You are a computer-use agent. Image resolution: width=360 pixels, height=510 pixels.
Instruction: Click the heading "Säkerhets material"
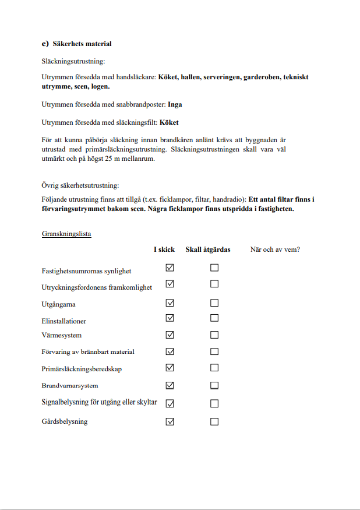(82, 44)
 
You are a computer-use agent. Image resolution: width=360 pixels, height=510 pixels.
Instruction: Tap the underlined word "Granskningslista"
(66, 234)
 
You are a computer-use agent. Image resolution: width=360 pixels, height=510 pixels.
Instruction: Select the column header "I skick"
(164, 249)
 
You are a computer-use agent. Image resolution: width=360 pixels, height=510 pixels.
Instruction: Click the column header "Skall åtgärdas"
(208, 249)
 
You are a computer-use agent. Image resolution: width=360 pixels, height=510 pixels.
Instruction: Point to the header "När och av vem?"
(275, 249)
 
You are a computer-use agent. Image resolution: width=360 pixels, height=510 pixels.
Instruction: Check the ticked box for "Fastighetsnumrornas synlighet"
(170, 268)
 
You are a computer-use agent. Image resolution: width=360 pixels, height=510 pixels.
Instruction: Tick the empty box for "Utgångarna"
(214, 303)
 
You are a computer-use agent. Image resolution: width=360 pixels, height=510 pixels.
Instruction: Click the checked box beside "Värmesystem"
(170, 335)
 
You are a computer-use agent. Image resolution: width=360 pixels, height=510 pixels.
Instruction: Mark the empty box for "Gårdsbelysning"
(214, 421)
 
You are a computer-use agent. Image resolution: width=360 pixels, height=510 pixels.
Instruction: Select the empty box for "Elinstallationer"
(214, 318)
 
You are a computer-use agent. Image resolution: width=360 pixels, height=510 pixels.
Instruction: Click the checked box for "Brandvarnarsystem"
(170, 385)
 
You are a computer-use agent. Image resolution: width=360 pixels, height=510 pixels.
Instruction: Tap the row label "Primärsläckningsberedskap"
(82, 369)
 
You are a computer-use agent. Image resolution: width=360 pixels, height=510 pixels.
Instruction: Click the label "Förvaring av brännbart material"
(88, 352)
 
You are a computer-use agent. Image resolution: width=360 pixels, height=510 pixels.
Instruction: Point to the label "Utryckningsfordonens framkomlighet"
(97, 287)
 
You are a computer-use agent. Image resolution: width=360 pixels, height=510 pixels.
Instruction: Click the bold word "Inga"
(175, 105)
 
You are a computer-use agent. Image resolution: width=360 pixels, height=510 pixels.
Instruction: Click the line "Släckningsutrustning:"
(73, 61)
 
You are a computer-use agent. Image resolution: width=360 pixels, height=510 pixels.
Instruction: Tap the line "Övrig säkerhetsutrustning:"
(80, 186)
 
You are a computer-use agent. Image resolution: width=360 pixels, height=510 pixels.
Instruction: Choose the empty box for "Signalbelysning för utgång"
(214, 403)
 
